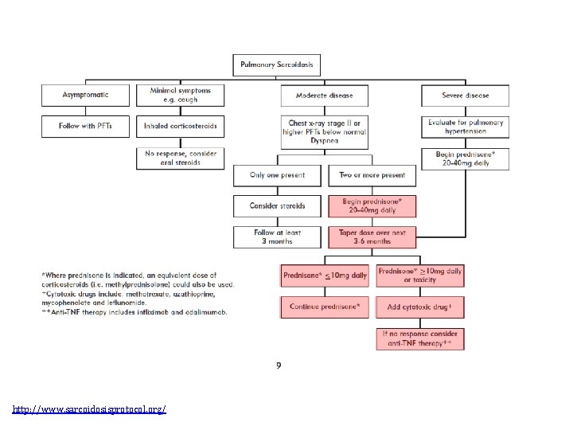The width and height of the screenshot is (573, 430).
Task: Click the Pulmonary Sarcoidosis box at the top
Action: tap(278, 64)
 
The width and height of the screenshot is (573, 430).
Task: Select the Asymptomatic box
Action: tap(86, 96)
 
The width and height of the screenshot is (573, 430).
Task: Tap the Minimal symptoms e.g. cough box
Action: tap(180, 96)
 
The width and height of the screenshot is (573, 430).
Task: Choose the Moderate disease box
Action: tap(325, 96)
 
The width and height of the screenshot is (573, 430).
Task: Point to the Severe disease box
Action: tap(466, 96)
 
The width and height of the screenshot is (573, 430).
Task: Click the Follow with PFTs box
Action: tap(86, 126)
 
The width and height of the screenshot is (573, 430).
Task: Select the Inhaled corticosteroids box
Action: tap(180, 126)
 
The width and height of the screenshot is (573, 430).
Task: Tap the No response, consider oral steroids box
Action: tap(180, 157)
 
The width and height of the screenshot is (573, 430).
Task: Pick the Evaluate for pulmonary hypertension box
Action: tap(466, 127)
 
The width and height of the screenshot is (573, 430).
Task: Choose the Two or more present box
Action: tap(372, 175)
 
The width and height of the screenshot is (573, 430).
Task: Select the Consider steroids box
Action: tap(277, 205)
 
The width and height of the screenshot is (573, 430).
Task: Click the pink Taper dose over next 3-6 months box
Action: tap(372, 236)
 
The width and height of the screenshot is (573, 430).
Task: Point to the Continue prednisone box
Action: tap(325, 307)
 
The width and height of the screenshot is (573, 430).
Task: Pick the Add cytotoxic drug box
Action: tap(420, 307)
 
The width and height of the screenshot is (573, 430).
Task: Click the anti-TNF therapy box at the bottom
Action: tap(420, 338)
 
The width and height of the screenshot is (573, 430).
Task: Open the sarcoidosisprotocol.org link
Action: tap(89, 409)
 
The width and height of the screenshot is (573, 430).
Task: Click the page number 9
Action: tap(279, 365)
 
